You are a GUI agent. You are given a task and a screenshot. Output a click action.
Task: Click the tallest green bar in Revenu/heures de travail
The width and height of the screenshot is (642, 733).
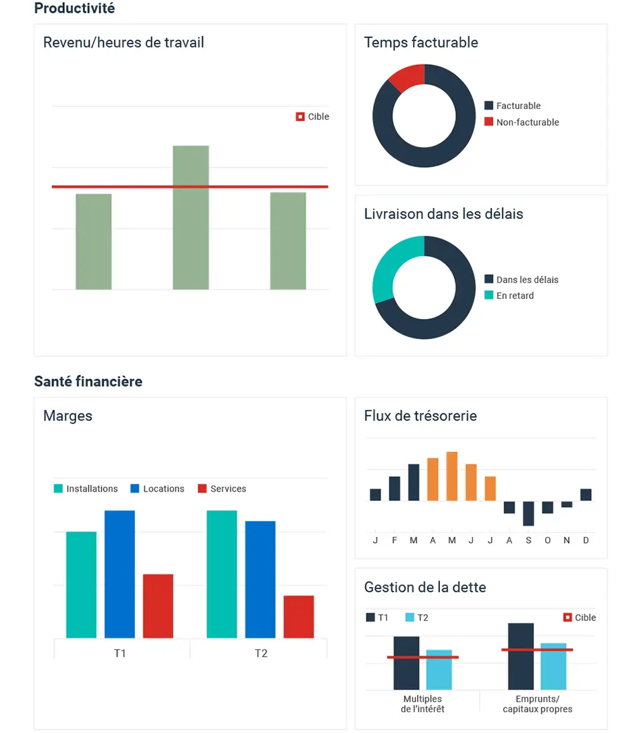click(x=191, y=217)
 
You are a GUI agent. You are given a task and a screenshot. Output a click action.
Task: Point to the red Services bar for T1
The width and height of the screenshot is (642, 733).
click(x=158, y=606)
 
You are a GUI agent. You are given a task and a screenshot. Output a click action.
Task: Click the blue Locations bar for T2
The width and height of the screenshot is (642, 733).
click(x=260, y=579)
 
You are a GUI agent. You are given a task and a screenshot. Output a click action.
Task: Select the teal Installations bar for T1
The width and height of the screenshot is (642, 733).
click(x=81, y=585)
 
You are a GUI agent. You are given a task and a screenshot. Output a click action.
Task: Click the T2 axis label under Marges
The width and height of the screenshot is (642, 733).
click(x=261, y=653)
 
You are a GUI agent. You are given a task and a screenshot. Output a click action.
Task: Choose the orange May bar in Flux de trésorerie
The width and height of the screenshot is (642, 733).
click(x=452, y=476)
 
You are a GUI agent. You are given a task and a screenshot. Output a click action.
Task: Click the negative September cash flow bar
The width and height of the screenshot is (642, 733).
click(x=528, y=513)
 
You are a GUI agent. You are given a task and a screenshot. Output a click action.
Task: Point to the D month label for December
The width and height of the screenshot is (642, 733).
click(x=586, y=540)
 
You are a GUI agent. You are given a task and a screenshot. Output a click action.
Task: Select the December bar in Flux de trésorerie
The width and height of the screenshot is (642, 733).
click(x=586, y=495)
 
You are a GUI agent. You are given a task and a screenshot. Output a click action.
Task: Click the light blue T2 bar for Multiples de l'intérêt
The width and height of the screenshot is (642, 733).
click(x=439, y=669)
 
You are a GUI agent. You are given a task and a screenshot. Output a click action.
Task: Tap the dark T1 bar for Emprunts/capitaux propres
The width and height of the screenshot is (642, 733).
click(x=521, y=656)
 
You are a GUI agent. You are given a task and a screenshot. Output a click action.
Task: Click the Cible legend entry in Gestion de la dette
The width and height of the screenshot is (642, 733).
click(x=579, y=618)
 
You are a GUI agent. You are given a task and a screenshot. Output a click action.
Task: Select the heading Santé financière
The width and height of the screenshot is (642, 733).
click(x=88, y=381)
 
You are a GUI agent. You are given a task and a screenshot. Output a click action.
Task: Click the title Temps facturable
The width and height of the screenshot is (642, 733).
click(x=421, y=43)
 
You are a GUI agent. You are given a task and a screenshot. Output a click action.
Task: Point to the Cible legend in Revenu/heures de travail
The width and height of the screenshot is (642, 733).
click(x=312, y=116)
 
